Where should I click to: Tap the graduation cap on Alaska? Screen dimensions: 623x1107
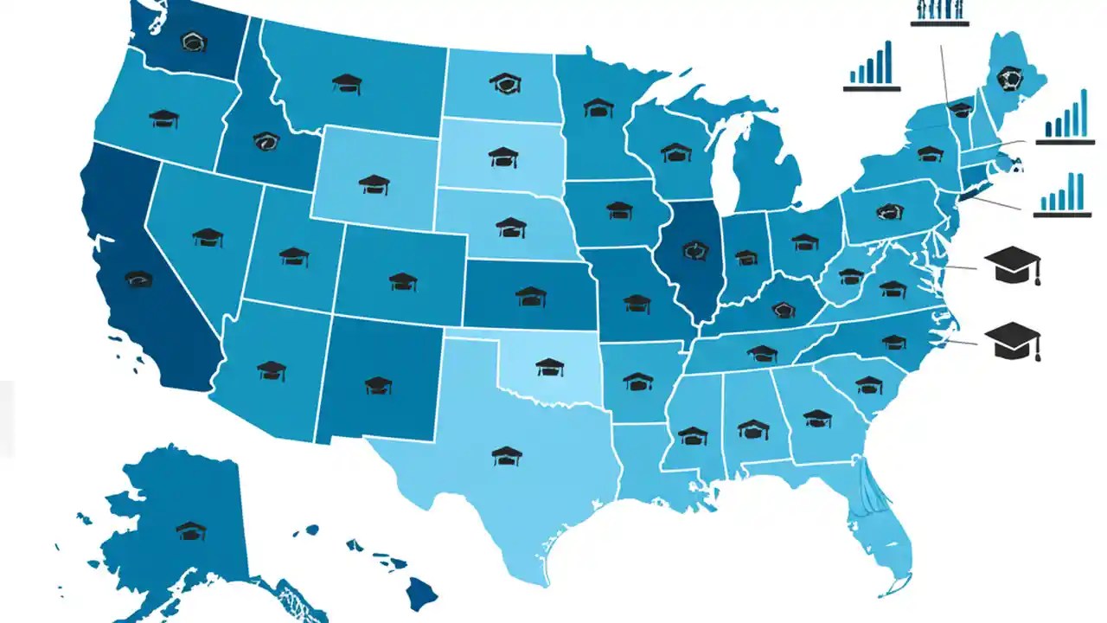point(191,530)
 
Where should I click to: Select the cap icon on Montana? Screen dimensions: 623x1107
point(347,83)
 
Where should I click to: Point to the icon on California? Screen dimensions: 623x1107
point(138,279)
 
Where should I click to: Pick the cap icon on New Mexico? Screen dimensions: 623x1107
point(378,385)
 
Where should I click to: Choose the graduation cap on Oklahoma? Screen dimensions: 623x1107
point(550,367)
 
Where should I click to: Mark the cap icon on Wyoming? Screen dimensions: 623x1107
point(374,183)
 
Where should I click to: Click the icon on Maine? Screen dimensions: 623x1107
point(1008,79)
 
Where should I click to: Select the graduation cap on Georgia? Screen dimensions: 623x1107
point(816,419)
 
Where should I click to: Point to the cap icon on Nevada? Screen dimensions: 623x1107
point(208,237)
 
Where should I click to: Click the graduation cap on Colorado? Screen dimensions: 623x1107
point(403,281)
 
